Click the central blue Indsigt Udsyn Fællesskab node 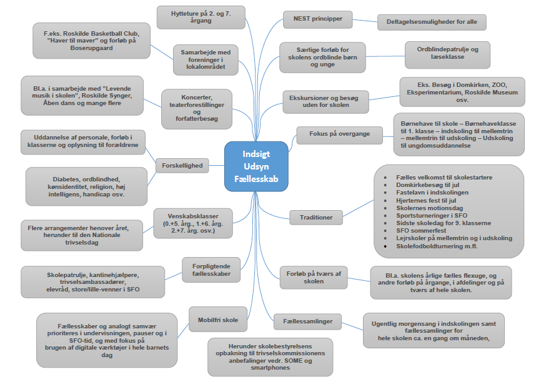point(256,166)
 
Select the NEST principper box point(322,19)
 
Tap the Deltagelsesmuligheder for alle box point(432,22)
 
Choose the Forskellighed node point(182,166)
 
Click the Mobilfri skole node point(217,320)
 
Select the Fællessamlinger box point(311,322)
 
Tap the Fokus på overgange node point(339,133)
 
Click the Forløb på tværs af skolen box point(314,276)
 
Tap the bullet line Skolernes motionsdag point(430,207)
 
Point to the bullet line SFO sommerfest point(424,230)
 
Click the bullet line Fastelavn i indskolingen point(432,192)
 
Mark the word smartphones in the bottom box point(271,368)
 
